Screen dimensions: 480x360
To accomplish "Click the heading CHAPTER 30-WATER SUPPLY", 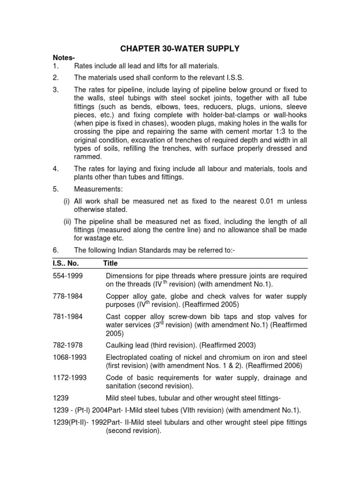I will [181, 48].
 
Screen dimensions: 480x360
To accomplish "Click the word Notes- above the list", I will [63, 58].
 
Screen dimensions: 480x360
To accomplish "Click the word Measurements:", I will [97, 189].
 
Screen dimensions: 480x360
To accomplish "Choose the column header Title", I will [111, 263].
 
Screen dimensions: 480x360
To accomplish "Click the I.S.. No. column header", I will [67, 263].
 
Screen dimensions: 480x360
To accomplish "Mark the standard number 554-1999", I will [67, 276].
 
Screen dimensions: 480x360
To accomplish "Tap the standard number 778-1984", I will [67, 296].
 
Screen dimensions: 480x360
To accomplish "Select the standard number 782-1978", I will [67, 345].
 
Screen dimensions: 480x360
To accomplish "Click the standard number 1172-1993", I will [70, 378].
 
